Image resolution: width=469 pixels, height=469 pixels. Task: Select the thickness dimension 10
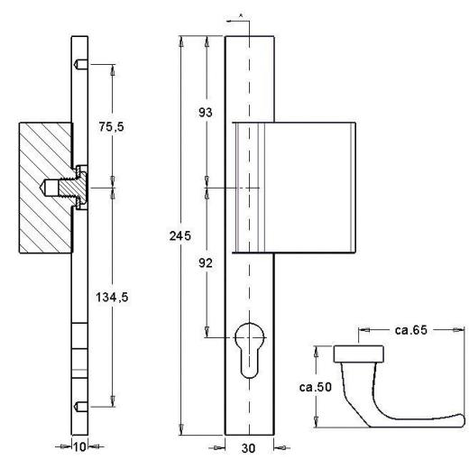tap(81, 446)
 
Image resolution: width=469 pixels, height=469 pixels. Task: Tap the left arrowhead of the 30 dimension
tap(218, 446)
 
